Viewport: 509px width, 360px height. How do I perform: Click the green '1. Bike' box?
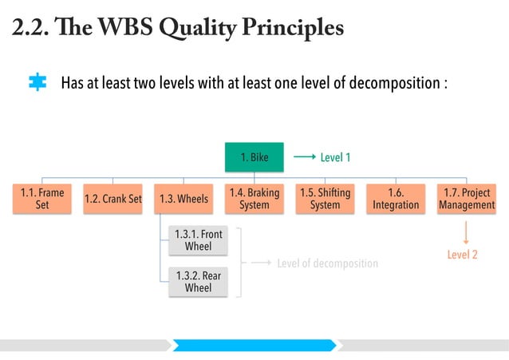click(x=254, y=158)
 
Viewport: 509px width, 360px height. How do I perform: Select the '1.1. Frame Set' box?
click(x=42, y=199)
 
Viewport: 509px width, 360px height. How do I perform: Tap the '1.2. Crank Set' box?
click(x=112, y=199)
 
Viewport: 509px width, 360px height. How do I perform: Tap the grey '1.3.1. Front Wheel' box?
click(x=198, y=240)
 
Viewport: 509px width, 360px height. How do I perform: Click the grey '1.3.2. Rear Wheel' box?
click(x=198, y=282)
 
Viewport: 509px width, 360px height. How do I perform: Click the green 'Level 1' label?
click(x=336, y=158)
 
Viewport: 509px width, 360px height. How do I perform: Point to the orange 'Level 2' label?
click(x=462, y=255)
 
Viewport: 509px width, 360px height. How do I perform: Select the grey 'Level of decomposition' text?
click(x=327, y=263)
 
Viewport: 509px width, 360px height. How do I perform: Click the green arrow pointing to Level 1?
click(x=304, y=158)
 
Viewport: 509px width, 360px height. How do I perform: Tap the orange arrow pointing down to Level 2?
click(x=466, y=232)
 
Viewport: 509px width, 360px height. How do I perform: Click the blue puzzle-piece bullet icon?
click(x=37, y=83)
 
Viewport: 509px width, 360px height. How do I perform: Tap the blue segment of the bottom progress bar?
click(x=254, y=345)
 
